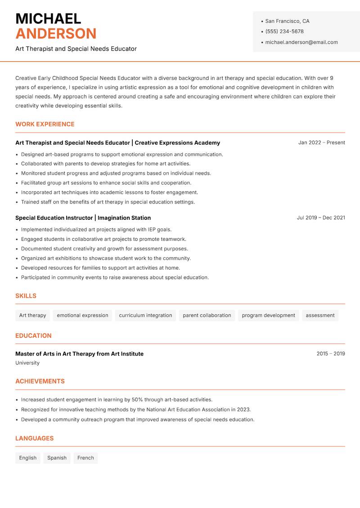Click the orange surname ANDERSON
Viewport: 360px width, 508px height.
tap(56, 34)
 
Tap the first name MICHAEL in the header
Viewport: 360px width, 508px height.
tap(48, 18)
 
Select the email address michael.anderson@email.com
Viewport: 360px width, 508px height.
tap(301, 42)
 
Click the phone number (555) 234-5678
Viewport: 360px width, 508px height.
tap(284, 31)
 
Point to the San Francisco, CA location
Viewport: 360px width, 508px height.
tap(287, 21)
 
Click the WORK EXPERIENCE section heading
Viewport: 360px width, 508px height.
tap(45, 124)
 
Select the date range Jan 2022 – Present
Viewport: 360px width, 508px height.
tap(321, 143)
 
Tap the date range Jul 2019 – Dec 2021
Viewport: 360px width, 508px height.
tap(321, 218)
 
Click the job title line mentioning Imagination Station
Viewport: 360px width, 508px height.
tap(83, 218)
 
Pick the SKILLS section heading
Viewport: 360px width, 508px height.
tap(26, 296)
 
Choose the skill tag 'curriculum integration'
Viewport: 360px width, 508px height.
tap(145, 315)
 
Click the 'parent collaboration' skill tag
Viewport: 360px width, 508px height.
tap(207, 315)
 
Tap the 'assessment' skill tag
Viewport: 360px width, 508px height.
tap(320, 315)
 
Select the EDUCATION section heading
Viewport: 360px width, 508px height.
tap(33, 335)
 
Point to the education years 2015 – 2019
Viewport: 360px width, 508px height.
tap(330, 354)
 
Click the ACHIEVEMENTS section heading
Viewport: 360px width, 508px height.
tap(40, 381)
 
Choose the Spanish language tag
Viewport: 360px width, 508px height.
tap(57, 458)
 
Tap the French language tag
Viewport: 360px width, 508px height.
tap(85, 458)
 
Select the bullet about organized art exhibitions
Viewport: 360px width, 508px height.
tap(106, 258)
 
